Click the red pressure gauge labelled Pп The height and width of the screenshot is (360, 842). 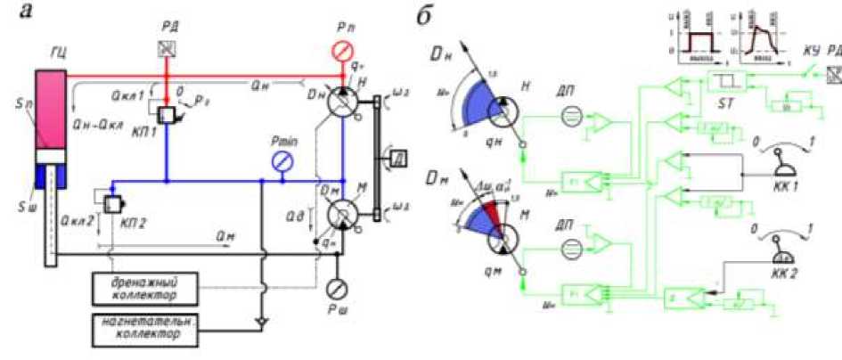339,52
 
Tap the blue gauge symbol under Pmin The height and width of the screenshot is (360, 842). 282,160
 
